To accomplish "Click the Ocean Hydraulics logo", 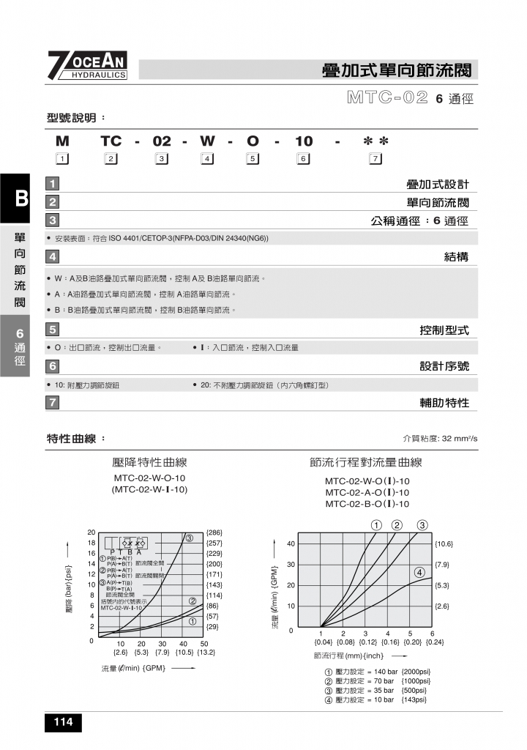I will [x=88, y=65].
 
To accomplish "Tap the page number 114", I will [x=63, y=723].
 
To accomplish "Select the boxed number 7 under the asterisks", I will [x=375, y=158].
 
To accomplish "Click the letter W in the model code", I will [x=207, y=141].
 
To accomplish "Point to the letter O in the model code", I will [x=253, y=141].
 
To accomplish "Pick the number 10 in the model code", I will [x=303, y=141].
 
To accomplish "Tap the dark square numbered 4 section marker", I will [x=53, y=256].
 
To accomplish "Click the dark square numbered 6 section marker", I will [x=53, y=365].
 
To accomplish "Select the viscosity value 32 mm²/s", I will [x=460, y=439].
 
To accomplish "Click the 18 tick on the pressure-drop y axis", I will [x=91, y=543].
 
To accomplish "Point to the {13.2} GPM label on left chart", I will [x=206, y=652].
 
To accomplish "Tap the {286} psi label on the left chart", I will [x=214, y=532].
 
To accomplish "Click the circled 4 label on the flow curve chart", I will [x=419, y=572].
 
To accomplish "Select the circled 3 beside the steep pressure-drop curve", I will [x=188, y=538].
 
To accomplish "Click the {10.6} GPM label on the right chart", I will [x=444, y=544].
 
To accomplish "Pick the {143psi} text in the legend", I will [x=414, y=699].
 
